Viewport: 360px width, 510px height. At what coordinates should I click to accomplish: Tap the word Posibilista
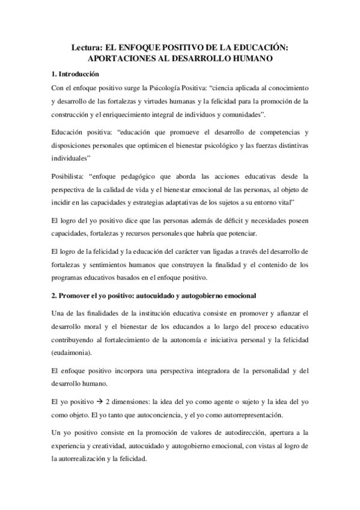[70, 177]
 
